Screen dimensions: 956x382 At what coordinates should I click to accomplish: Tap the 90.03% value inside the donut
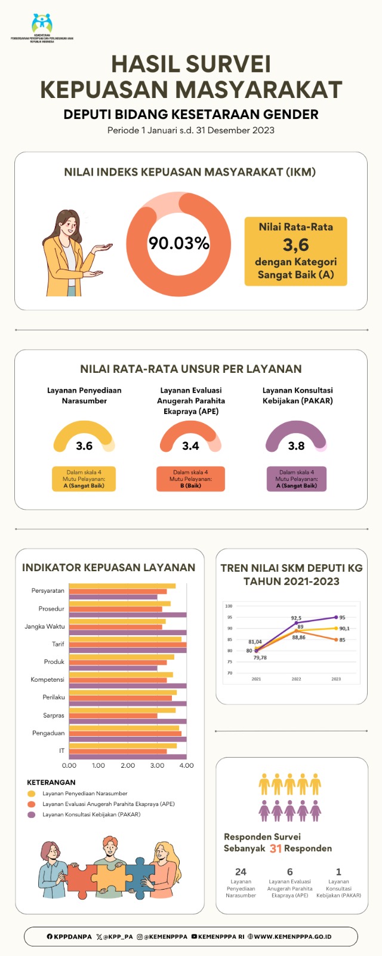[178, 243]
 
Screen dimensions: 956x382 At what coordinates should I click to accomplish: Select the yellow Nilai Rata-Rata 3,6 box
[295, 251]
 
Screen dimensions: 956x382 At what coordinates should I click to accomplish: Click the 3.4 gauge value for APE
[190, 446]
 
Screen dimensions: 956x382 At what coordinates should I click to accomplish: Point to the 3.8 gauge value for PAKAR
[296, 446]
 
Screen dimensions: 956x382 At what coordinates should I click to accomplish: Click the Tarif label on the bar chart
[58, 644]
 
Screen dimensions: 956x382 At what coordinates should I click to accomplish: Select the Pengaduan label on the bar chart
[48, 733]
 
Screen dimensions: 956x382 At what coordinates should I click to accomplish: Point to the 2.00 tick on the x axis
[128, 765]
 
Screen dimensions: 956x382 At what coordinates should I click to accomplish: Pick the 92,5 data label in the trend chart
[296, 618]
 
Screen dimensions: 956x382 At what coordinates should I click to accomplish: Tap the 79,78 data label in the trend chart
[260, 657]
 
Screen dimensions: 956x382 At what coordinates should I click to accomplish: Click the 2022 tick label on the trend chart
[296, 679]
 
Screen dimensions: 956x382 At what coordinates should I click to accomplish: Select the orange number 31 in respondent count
[275, 848]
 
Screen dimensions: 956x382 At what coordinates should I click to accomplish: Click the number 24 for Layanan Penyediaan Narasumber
[241, 872]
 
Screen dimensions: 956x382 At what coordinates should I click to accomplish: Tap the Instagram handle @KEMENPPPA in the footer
[162, 937]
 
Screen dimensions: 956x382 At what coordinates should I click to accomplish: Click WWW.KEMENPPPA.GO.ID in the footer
[292, 937]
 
